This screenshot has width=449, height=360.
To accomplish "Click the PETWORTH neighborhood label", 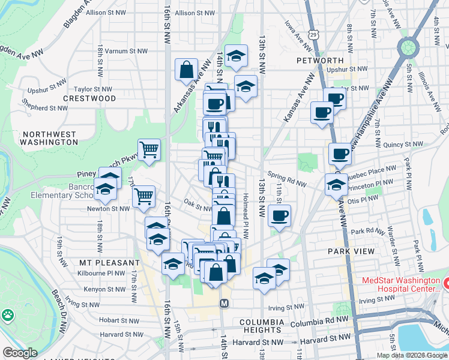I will (320, 61).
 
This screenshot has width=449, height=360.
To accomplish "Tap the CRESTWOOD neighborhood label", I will (89, 98).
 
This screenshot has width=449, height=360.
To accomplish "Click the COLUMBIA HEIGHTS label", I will (261, 326).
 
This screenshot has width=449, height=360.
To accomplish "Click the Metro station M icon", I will (224, 303).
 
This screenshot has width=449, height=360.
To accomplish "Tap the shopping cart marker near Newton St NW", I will (143, 196).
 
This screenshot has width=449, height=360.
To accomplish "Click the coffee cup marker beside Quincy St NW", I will (340, 154).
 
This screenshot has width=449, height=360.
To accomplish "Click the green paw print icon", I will (7, 314).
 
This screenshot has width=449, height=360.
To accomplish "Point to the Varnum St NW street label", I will (126, 51).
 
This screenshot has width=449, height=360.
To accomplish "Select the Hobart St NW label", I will (119, 320).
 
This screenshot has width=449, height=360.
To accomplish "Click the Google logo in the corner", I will (20, 353).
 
